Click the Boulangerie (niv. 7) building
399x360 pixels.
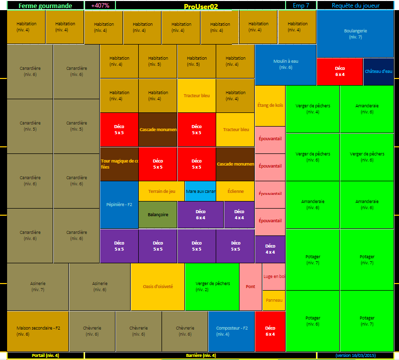click(x=355, y=33)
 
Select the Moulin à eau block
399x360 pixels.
click(x=286, y=64)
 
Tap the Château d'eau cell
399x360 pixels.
click(x=378, y=71)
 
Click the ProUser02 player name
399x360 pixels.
click(x=201, y=6)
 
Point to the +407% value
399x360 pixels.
click(x=100, y=6)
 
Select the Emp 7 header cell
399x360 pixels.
click(x=301, y=6)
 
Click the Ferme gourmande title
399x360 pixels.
click(x=46, y=6)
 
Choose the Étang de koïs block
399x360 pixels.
click(x=270, y=106)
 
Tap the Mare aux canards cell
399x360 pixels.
click(x=201, y=191)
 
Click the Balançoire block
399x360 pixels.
click(x=158, y=215)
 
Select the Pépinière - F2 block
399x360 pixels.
click(x=119, y=205)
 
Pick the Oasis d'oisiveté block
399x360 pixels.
click(x=157, y=287)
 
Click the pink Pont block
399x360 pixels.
click(x=250, y=287)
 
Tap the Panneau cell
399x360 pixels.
click(x=274, y=300)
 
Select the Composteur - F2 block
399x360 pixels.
click(x=231, y=331)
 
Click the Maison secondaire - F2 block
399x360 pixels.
click(x=37, y=331)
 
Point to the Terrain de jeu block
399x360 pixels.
click(x=162, y=191)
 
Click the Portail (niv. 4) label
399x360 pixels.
click(x=46, y=355)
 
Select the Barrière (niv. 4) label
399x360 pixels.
click(x=200, y=355)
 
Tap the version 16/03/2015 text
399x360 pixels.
click(x=355, y=355)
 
